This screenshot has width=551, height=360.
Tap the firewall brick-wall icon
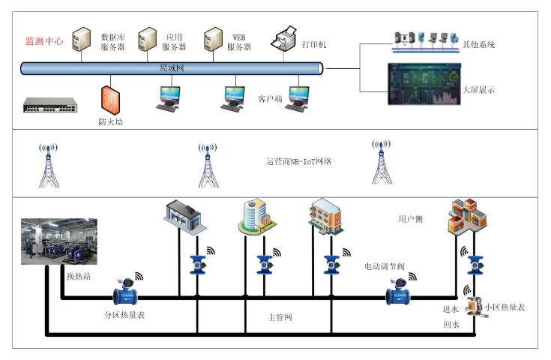pos(111,98)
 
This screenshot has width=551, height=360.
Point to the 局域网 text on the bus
pos(171,68)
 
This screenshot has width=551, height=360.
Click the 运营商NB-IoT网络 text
pos(298,161)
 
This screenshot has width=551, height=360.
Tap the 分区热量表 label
pos(124,315)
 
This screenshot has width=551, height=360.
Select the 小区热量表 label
pos(505,307)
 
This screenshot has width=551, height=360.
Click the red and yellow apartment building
pos(466,218)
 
